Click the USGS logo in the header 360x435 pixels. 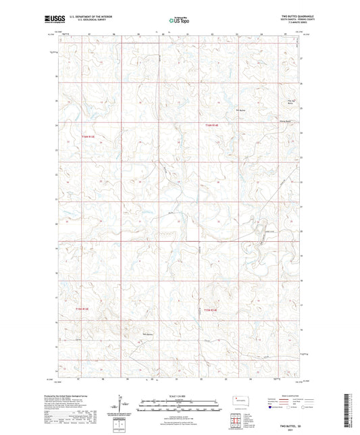[50, 20]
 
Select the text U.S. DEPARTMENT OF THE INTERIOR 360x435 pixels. [84, 18]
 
